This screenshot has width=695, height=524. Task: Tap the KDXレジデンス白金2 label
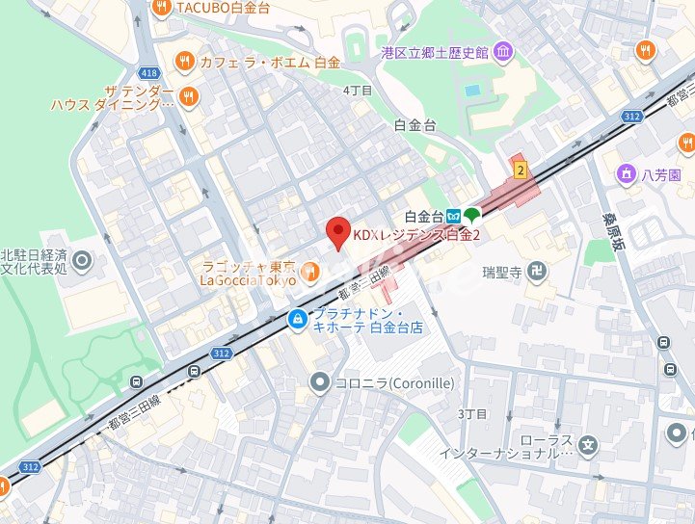pyautogui.click(x=415, y=234)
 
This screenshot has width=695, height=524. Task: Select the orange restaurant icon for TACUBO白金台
pyautogui.click(x=161, y=7)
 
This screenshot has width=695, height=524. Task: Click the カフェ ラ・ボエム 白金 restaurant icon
pyautogui.click(x=183, y=62)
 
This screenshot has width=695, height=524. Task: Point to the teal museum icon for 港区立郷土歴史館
pyautogui.click(x=501, y=51)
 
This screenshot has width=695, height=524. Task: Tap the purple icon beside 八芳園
pyautogui.click(x=625, y=174)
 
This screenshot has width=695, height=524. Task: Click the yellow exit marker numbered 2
pyautogui.click(x=521, y=170)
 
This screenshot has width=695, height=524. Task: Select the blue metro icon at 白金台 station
pyautogui.click(x=452, y=216)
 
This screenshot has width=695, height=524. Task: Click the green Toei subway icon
pyautogui.click(x=471, y=216)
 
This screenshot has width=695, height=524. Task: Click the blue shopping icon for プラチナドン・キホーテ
pyautogui.click(x=298, y=320)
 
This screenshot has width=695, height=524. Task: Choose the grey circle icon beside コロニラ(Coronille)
pyautogui.click(x=319, y=383)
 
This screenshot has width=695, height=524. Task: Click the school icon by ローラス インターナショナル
pyautogui.click(x=590, y=447)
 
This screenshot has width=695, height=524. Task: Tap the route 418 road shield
pyautogui.click(x=147, y=72)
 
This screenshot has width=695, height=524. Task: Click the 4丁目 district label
pyautogui.click(x=357, y=90)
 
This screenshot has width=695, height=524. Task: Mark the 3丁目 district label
pyautogui.click(x=472, y=414)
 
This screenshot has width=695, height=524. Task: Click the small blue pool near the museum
pyautogui.click(x=471, y=91)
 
